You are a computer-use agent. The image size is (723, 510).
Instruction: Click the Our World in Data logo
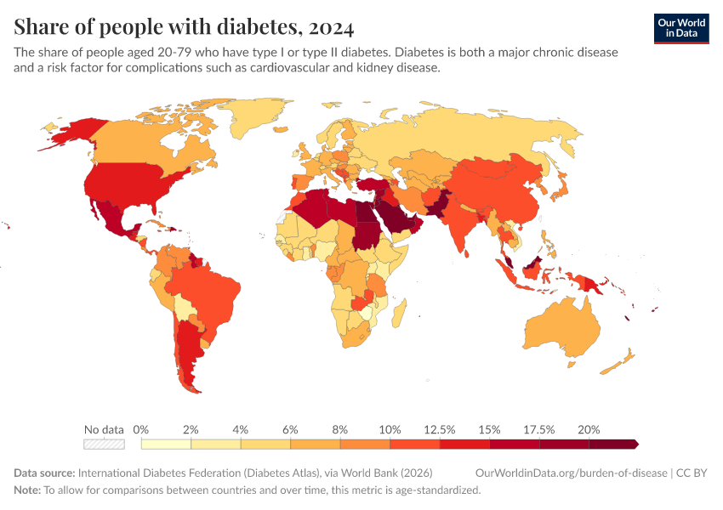681,28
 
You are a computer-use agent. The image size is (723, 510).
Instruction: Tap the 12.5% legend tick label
439,429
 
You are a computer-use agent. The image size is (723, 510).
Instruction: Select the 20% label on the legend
589,429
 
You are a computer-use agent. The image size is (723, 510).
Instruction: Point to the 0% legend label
141,429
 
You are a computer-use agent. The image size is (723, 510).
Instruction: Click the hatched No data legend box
104,444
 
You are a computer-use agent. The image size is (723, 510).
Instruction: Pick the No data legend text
104,429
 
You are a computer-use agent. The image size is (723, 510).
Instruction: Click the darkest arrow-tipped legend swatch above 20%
612,444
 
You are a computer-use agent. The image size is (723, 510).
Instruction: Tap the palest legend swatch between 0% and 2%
166,444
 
